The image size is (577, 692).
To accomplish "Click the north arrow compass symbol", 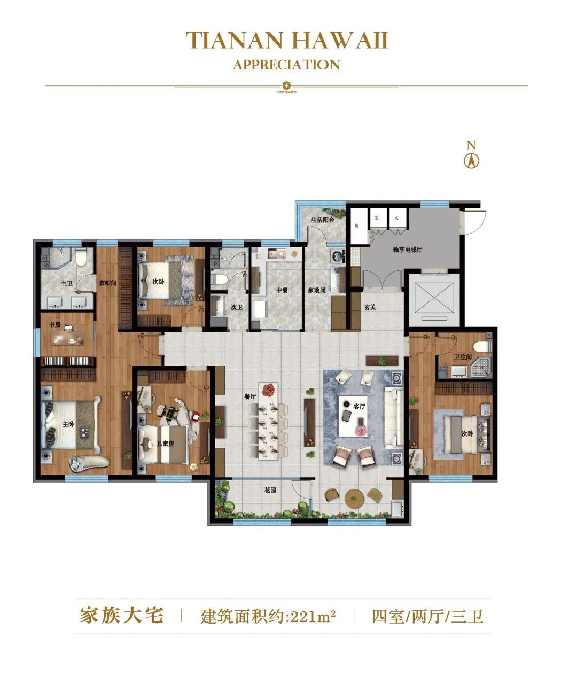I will [x=471, y=160].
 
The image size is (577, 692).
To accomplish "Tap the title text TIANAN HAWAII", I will [x=286, y=41].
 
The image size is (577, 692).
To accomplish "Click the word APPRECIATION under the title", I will [x=286, y=65].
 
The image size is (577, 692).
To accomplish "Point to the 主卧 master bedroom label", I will [x=68, y=424].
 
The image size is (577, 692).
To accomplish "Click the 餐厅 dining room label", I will [x=250, y=396].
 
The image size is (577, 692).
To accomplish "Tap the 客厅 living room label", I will [x=359, y=406].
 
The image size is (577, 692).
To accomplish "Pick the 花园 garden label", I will [x=270, y=490].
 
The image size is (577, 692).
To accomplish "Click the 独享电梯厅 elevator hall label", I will [x=407, y=250].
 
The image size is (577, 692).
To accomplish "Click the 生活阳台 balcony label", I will [x=323, y=219].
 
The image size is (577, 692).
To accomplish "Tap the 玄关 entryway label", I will [x=370, y=307].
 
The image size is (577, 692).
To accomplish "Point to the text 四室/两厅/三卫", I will [x=427, y=616].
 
